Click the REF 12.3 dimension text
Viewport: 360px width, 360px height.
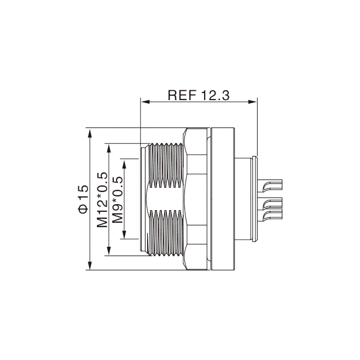[x=199, y=96]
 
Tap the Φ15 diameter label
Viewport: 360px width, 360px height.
[x=83, y=199]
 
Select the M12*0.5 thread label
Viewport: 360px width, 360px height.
[x=102, y=200]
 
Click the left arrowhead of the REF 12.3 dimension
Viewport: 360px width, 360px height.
[x=146, y=102]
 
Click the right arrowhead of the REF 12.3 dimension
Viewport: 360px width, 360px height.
[x=252, y=102]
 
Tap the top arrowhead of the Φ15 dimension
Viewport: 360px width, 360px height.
[x=90, y=133]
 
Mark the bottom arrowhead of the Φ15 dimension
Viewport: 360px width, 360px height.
[x=90, y=265]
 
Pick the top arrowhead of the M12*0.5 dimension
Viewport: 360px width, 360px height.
[x=109, y=149]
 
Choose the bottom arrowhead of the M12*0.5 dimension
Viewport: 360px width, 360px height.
[x=109, y=251]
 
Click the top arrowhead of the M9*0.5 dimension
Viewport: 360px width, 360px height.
[x=124, y=164]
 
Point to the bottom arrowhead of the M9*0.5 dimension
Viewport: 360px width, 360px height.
[x=124, y=234]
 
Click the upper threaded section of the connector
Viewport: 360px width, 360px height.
[x=166, y=165]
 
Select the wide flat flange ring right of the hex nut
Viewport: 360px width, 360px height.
[x=223, y=199]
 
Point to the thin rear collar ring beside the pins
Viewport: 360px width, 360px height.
[x=254, y=199]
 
